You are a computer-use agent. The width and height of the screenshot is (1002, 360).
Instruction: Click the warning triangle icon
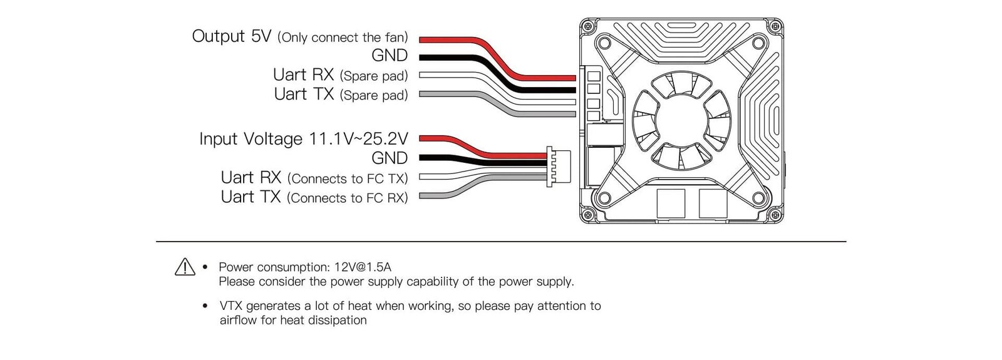tap(185, 267)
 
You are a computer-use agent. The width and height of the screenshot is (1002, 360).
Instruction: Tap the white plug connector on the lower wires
tap(556, 167)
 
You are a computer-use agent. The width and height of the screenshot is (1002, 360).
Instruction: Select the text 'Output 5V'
tap(231, 36)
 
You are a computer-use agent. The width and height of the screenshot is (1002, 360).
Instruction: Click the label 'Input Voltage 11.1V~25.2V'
tap(303, 138)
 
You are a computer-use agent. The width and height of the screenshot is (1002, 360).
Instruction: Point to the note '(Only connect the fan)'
tap(343, 38)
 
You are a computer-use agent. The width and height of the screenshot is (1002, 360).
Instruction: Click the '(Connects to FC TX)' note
tap(348, 179)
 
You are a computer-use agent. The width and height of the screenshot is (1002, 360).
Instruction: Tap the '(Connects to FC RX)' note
tap(347, 198)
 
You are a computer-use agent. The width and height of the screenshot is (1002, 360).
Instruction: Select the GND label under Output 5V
tap(389, 56)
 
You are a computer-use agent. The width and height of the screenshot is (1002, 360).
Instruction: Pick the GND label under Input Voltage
tap(389, 158)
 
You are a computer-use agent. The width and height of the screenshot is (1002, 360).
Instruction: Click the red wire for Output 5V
tap(451, 39)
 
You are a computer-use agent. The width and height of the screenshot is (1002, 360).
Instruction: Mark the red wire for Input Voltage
tap(451, 138)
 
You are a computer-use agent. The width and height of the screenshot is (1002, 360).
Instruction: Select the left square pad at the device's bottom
tap(671, 203)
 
